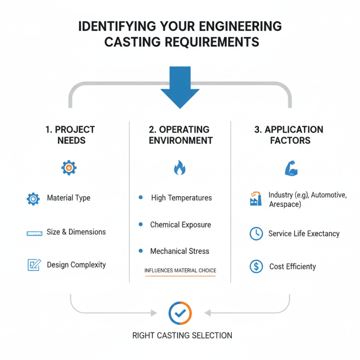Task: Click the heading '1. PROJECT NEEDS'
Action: tap(70, 135)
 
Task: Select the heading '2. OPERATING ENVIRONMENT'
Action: tap(180, 135)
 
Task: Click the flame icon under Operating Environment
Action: tap(180, 168)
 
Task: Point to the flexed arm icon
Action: tap(291, 168)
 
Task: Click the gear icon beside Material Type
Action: tap(33, 198)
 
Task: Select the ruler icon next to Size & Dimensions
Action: tap(34, 233)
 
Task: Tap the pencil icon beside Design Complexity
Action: tap(34, 265)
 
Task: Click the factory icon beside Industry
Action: tap(256, 199)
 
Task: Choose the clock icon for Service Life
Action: tap(256, 234)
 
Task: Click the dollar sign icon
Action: tap(256, 266)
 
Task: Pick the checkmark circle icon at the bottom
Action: tap(180, 312)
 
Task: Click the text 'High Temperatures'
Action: tap(181, 198)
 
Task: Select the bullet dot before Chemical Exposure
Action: tap(141, 224)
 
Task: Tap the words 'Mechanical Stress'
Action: tap(180, 251)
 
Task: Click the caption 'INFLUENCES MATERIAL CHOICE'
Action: tap(180, 270)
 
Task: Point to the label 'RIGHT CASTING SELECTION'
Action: tap(182, 336)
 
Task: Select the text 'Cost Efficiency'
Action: tap(292, 266)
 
